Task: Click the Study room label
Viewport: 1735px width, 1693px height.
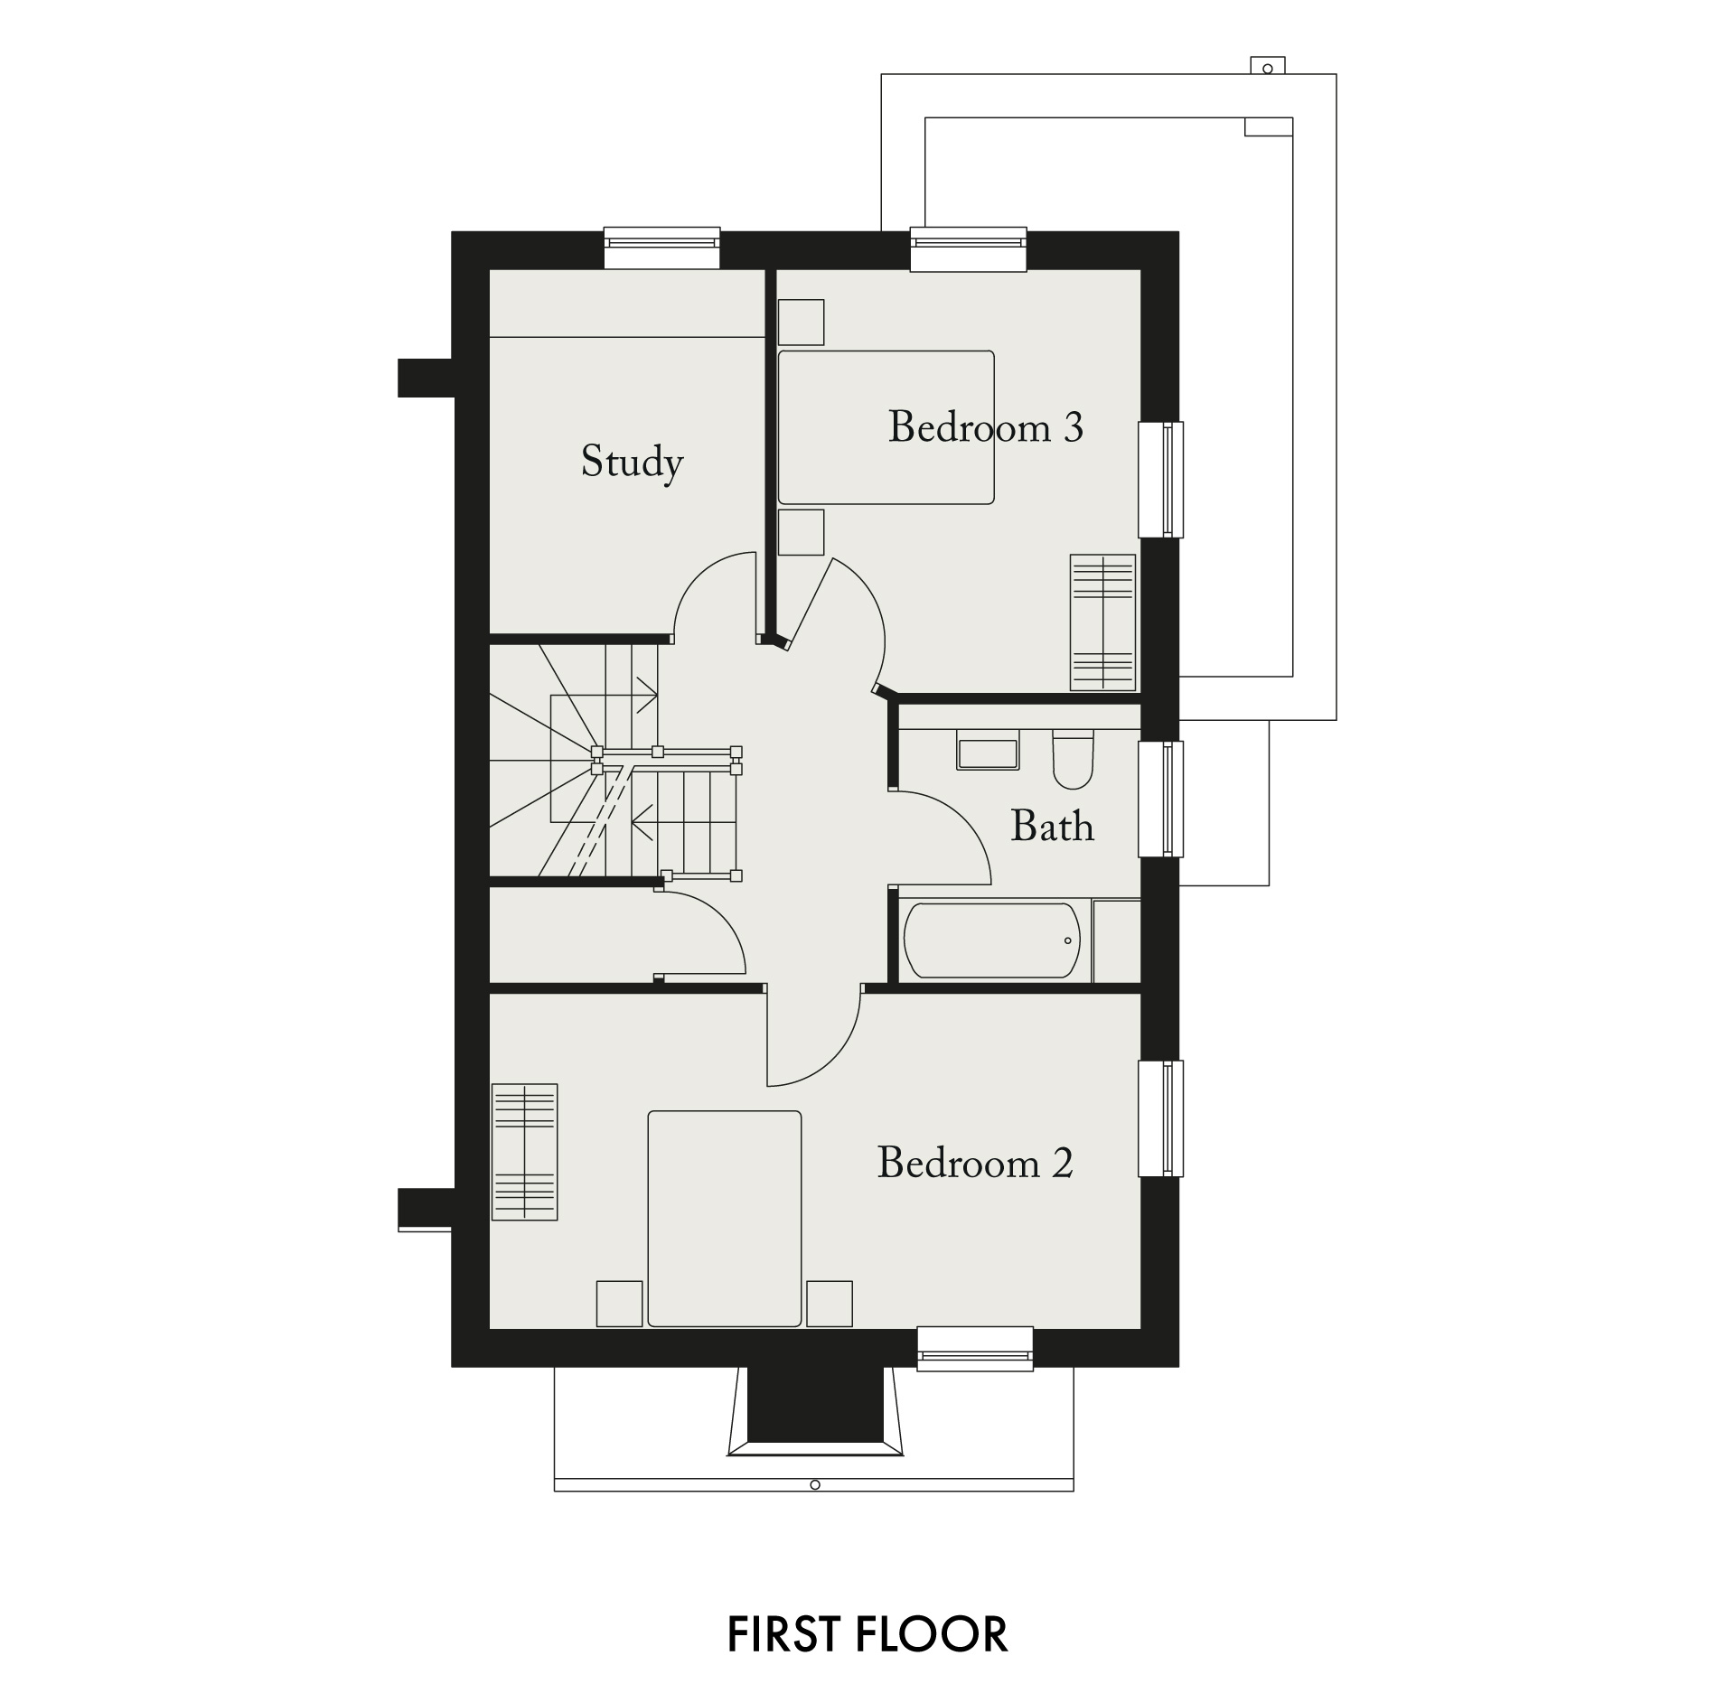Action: click(632, 463)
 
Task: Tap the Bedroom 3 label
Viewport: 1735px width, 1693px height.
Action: click(985, 426)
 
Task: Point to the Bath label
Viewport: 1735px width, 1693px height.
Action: click(1052, 826)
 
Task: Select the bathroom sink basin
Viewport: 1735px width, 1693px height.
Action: click(988, 754)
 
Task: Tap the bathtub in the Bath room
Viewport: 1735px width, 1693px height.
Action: click(991, 940)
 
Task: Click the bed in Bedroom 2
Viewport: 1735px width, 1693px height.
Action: click(725, 1219)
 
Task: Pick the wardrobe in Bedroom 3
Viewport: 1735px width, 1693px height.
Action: click(1102, 622)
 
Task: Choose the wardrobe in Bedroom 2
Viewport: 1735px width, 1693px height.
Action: click(524, 1152)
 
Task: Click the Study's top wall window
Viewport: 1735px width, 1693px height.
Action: click(661, 248)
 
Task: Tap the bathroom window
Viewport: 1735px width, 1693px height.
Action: click(1160, 799)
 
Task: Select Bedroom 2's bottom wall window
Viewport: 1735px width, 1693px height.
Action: click(975, 1349)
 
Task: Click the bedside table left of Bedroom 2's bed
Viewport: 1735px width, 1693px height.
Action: click(620, 1304)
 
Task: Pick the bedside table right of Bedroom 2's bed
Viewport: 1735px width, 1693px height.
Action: click(830, 1304)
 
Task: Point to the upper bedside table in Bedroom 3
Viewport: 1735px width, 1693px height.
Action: click(801, 323)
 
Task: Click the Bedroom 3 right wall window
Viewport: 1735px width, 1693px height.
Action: click(1160, 480)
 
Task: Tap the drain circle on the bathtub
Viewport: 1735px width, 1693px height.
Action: click(1067, 940)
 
